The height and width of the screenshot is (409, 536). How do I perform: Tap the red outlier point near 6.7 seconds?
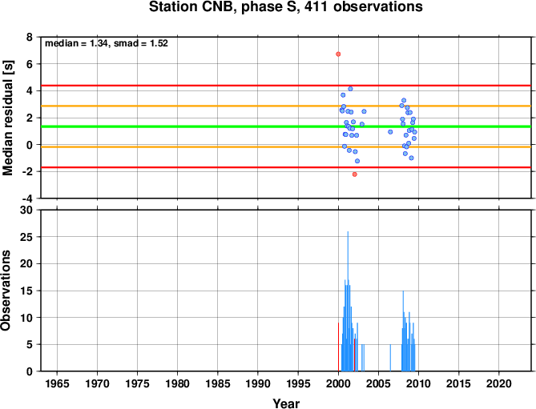338,54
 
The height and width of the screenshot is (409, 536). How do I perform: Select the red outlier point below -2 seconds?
354,174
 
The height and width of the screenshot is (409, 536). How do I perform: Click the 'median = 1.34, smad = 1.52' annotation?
107,43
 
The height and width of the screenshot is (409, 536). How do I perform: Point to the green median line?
286,126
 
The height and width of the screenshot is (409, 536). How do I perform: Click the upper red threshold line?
286,86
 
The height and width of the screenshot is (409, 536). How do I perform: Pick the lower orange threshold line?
286,146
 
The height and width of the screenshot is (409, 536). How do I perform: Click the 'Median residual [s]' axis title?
8,118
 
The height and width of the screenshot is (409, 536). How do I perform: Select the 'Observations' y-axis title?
6,291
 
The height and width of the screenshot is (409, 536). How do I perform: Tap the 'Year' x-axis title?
286,403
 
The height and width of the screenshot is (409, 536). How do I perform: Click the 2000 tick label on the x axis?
338,383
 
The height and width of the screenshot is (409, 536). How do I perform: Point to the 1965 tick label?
57,383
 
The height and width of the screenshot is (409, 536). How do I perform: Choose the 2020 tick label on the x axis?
498,383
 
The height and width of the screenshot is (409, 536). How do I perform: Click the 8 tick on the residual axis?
29,37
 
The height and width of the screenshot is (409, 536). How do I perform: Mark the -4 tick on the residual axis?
27,198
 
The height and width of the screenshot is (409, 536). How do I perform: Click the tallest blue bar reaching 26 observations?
348,301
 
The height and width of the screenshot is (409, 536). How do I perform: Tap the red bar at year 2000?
338,347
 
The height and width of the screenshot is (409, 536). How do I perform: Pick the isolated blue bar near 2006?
390,358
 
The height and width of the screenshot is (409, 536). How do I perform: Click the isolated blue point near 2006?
390,132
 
